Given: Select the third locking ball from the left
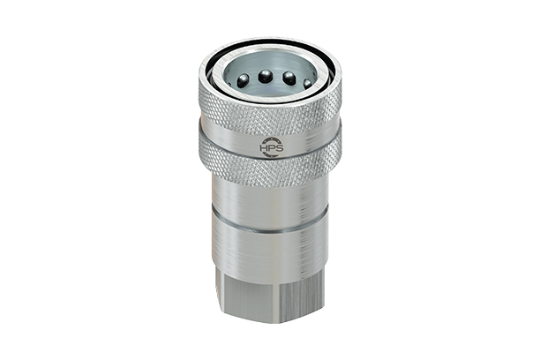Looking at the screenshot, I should click(289, 78).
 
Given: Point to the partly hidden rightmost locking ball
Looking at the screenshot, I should click(307, 83).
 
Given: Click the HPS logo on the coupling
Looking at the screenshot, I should click(269, 147).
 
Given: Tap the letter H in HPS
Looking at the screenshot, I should click(263, 149).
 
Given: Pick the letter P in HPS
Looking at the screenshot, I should click(269, 149).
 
